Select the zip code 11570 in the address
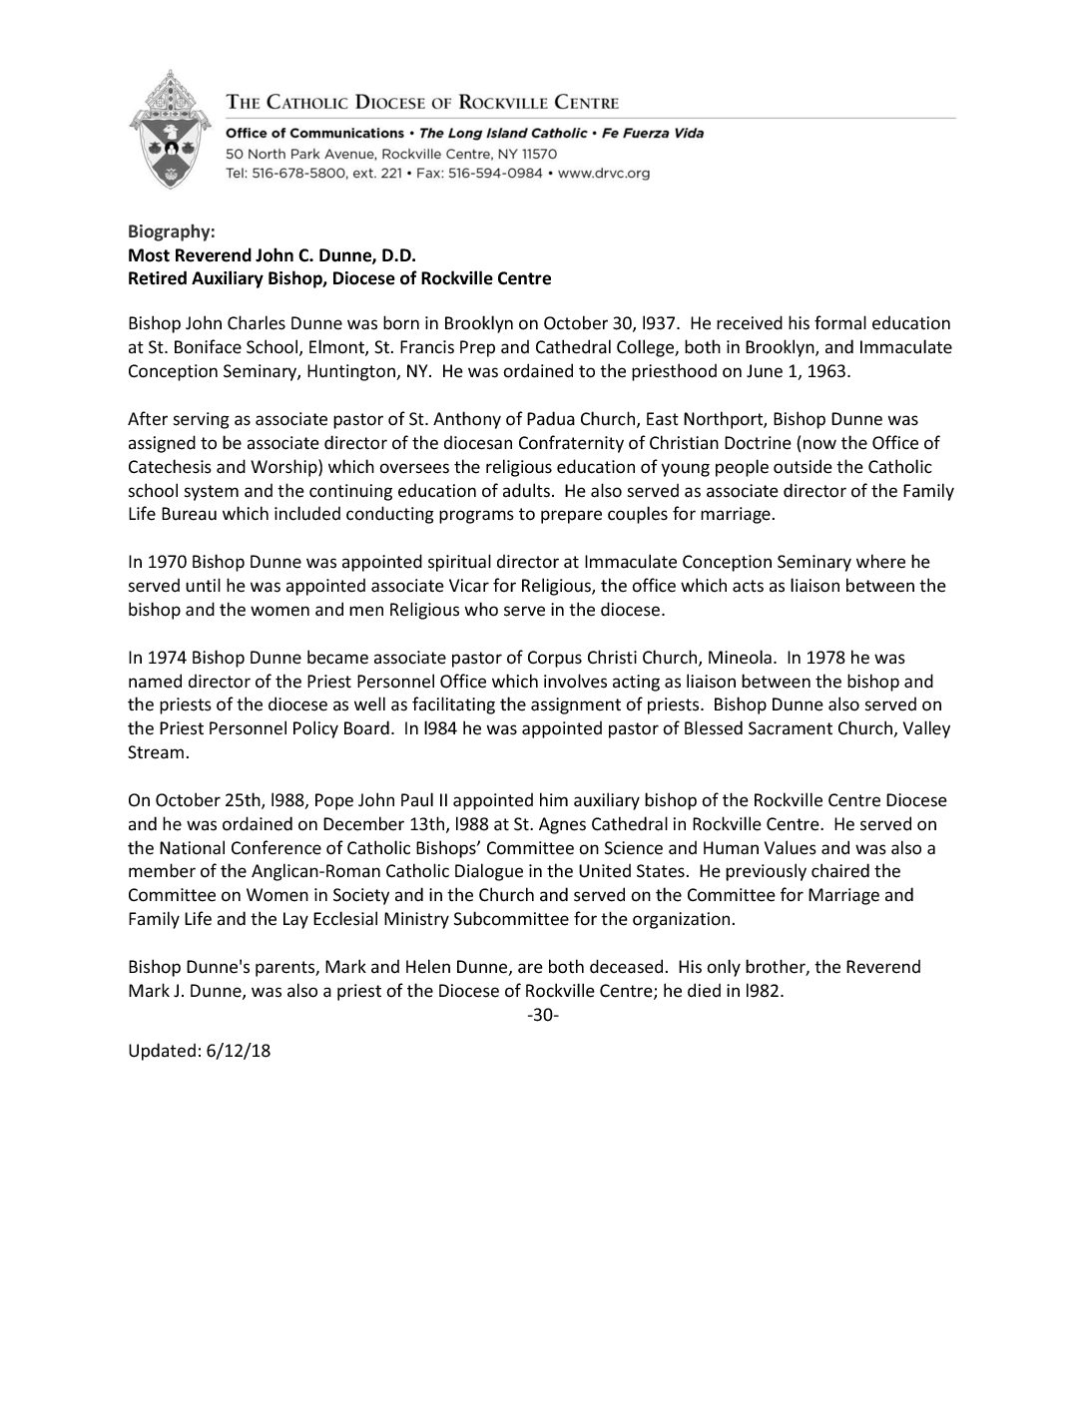tap(537, 154)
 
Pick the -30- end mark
tap(543, 1016)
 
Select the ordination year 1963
tap(828, 371)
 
